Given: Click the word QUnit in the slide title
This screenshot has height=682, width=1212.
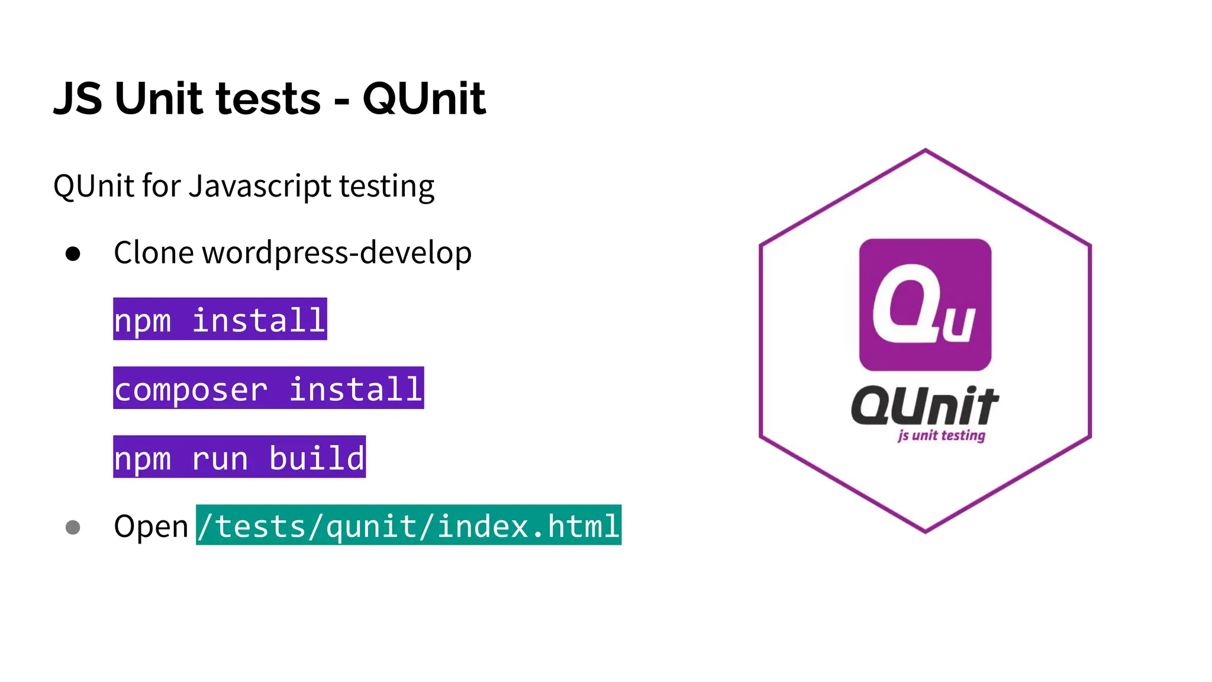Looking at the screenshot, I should [424, 98].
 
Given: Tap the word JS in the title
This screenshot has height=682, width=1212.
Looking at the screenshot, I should [78, 98].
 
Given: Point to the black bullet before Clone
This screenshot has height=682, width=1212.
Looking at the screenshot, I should [73, 254].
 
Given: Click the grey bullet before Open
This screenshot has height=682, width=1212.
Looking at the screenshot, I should [73, 527].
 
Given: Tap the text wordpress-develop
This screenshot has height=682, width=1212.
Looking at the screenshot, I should [337, 253].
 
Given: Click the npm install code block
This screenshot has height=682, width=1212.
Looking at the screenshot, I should [220, 319].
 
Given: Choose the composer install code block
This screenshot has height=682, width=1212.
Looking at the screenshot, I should [268, 388].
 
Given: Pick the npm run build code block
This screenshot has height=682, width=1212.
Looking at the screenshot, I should [239, 457].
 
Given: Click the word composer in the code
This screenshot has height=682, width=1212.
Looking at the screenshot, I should [191, 390].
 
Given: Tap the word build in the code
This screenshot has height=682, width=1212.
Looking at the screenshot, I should [317, 458].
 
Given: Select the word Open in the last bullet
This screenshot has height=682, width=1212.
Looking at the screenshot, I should [151, 527].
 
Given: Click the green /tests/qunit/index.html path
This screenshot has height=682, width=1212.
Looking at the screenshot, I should [408, 525].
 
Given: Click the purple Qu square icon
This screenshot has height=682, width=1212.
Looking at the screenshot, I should [925, 304].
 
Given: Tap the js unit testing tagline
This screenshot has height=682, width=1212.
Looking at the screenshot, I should [941, 436].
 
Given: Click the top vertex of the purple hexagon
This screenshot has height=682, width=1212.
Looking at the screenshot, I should [926, 150].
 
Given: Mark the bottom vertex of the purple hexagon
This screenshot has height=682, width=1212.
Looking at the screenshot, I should [926, 532].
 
